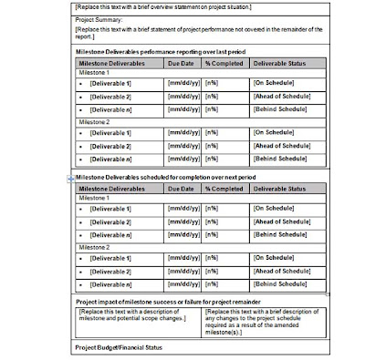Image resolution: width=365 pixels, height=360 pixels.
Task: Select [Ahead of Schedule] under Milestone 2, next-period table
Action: coord(275,272)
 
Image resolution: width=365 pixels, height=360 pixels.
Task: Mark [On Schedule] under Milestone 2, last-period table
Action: coord(269,133)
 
